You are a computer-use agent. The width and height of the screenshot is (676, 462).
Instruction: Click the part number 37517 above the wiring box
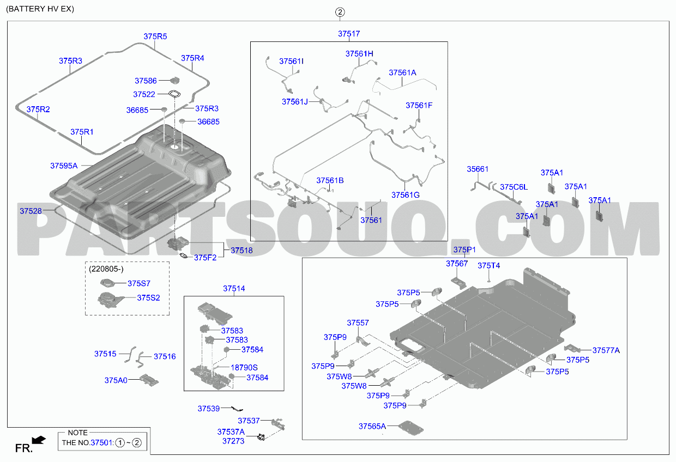(x=349, y=34)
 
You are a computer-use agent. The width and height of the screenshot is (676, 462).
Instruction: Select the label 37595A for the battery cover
(x=64, y=166)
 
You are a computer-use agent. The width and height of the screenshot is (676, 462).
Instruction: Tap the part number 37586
(x=146, y=81)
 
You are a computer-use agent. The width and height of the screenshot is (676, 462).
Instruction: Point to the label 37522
(x=144, y=94)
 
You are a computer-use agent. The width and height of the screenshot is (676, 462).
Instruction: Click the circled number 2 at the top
(x=340, y=12)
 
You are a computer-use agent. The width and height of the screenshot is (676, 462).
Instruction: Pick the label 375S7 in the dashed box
(x=139, y=283)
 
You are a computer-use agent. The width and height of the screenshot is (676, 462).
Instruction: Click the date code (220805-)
(x=106, y=269)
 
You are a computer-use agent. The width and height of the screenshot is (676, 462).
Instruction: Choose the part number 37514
(x=234, y=289)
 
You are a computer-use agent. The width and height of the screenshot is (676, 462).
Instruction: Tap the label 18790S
(x=244, y=368)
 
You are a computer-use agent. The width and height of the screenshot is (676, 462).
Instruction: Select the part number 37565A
(x=372, y=426)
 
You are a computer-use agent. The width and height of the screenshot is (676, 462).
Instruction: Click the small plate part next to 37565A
(x=411, y=428)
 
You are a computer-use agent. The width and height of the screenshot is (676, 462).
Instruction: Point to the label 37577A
(x=606, y=350)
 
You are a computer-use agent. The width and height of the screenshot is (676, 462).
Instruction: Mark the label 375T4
(x=488, y=266)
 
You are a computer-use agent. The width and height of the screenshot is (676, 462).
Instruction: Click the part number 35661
(x=478, y=169)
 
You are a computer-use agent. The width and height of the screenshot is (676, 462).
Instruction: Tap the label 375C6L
(x=514, y=187)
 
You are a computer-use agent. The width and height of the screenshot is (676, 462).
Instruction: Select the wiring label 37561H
(x=359, y=54)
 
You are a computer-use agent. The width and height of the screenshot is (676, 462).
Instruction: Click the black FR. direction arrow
(x=39, y=440)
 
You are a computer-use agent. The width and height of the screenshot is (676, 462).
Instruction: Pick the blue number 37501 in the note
(x=101, y=443)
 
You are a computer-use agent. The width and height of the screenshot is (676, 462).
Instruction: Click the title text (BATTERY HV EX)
(x=40, y=9)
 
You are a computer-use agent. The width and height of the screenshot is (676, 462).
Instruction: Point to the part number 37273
(x=233, y=441)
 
